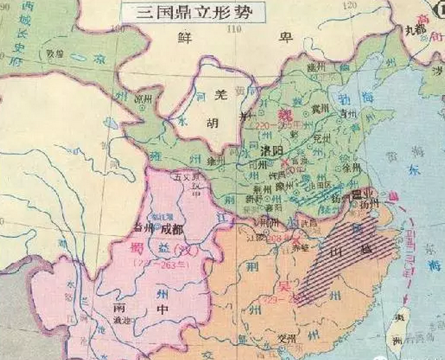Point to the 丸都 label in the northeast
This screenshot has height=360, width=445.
(415, 30)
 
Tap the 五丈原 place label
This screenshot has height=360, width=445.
(182, 176)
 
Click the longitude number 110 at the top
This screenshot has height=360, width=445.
(233, 29)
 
